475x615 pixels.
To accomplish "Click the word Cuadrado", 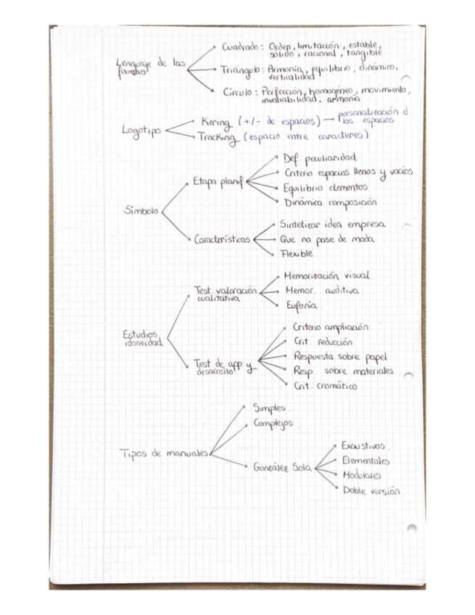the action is tap(240, 46).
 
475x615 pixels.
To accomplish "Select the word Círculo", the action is tap(241, 92).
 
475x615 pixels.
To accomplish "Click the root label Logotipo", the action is tap(141, 131).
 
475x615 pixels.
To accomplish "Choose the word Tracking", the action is tap(218, 137).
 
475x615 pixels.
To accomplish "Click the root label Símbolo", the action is tap(141, 211).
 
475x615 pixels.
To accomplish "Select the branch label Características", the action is tap(222, 239).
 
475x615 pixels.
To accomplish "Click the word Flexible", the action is tap(297, 254).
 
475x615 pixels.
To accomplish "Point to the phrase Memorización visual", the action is tap(326, 276).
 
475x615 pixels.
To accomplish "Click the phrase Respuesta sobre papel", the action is tap(339, 356).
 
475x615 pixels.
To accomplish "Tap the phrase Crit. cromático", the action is tap(325, 386).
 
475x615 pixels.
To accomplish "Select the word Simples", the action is tap(269, 408).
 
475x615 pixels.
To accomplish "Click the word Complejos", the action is tap(273, 424).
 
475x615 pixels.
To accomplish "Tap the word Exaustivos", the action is tap(363, 446).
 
